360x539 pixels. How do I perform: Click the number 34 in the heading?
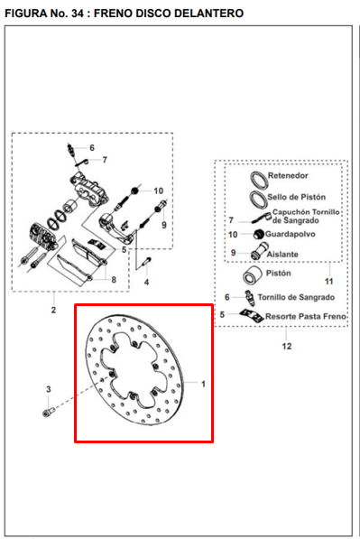click(x=78, y=13)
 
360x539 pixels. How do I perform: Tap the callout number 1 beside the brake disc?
click(x=203, y=384)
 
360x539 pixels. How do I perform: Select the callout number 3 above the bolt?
click(x=49, y=389)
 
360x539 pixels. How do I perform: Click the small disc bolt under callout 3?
click(x=49, y=411)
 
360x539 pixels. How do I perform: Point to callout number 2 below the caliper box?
click(x=53, y=310)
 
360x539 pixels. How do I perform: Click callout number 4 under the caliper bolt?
click(x=147, y=283)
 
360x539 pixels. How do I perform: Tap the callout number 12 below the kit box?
click(x=287, y=346)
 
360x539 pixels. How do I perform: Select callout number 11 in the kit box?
click(x=329, y=282)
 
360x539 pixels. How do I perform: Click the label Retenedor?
click(x=288, y=175)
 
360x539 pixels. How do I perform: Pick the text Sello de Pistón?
click(x=297, y=197)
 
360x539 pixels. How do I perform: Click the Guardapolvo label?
click(x=291, y=234)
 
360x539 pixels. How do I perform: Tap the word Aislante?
click(x=282, y=255)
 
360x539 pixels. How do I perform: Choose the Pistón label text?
click(x=278, y=273)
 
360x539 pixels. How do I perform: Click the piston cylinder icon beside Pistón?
click(x=252, y=275)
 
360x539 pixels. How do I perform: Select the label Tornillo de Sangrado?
click(x=296, y=297)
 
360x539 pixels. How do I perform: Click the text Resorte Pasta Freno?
click(x=305, y=316)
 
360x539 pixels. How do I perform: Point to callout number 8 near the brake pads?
click(x=114, y=280)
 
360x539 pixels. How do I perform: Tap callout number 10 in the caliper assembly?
click(x=159, y=191)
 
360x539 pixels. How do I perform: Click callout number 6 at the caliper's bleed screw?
click(x=92, y=148)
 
